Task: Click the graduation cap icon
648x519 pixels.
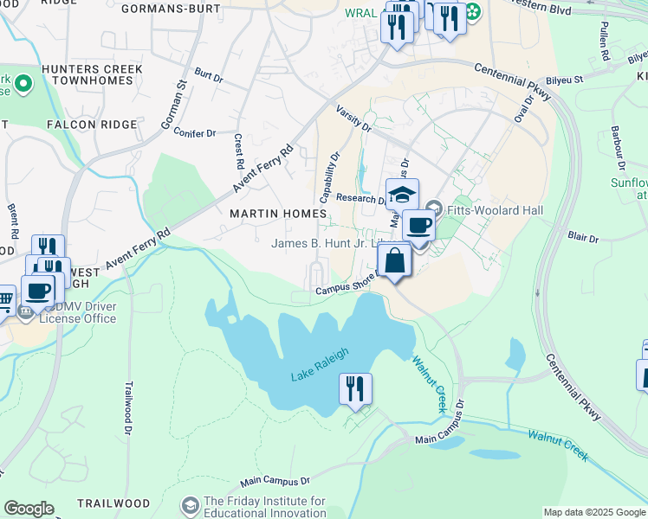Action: pyautogui.click(x=402, y=195)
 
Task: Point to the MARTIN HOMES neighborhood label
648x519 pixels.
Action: pyautogui.click(x=278, y=213)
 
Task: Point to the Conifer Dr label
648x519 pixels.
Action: pyautogui.click(x=195, y=133)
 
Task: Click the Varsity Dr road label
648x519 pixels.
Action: pyautogui.click(x=353, y=119)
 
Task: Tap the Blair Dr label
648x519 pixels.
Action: pyautogui.click(x=586, y=234)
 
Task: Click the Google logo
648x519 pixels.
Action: pyautogui.click(x=29, y=509)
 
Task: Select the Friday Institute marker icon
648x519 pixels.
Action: pyautogui.click(x=190, y=504)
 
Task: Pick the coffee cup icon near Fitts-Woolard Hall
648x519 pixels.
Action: pyautogui.click(x=419, y=226)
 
